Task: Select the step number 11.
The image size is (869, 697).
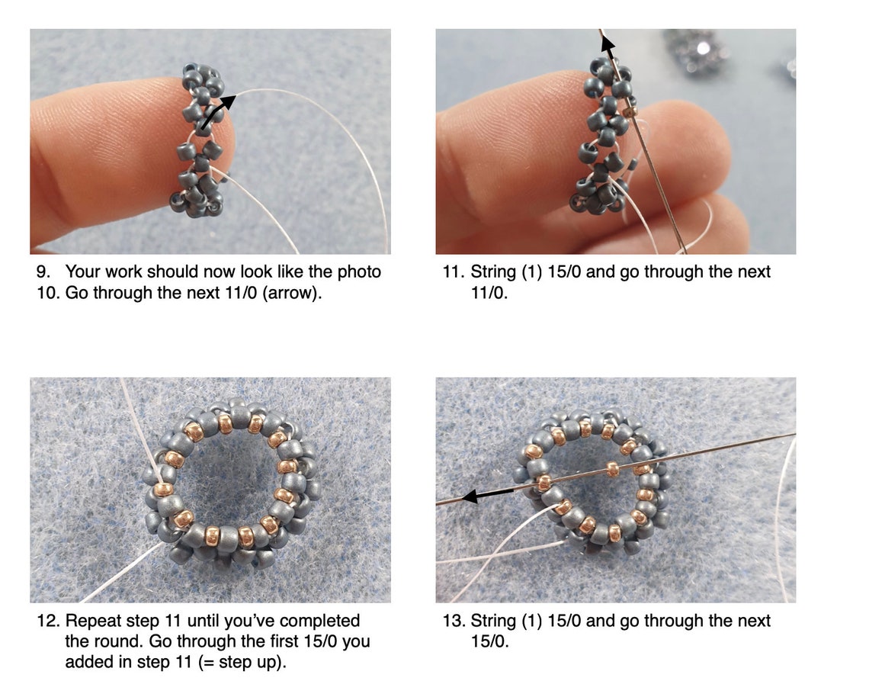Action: [451, 271]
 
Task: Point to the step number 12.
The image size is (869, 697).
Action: [46, 621]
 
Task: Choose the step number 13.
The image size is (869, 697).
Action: [451, 621]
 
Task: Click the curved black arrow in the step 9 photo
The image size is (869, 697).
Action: [216, 111]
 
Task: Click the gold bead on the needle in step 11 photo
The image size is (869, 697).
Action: [630, 111]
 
